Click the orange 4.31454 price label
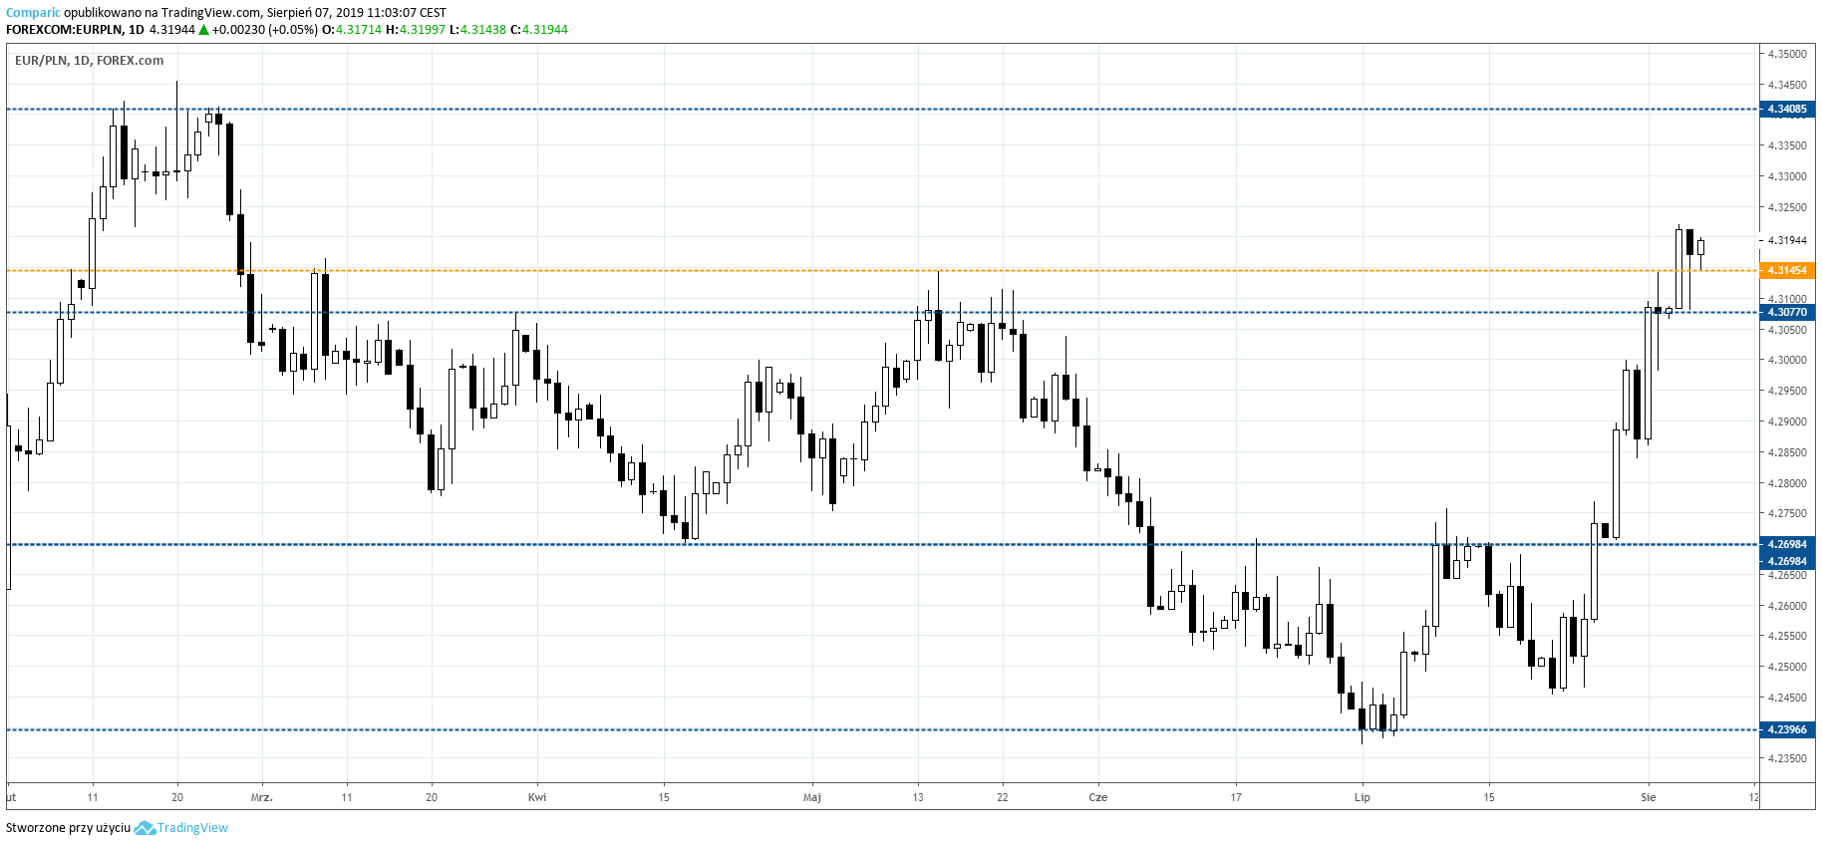[x=1786, y=270]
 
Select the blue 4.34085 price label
[x=1786, y=109]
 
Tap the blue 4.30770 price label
[x=1786, y=312]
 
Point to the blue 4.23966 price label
[x=1786, y=729]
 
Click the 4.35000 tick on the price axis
[x=1786, y=54]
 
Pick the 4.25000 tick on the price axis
[x=1786, y=667]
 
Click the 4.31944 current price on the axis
[x=1786, y=240]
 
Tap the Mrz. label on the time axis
[x=261, y=797]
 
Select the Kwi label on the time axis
[x=537, y=797]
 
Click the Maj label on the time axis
[x=812, y=797]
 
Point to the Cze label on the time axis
[x=1097, y=797]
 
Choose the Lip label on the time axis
[x=1363, y=797]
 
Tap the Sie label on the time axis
[x=1649, y=797]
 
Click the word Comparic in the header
[x=33, y=13]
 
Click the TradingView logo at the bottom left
[x=181, y=828]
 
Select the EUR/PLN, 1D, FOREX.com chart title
[x=89, y=61]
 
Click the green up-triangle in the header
[x=203, y=30]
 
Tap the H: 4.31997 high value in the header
[x=422, y=30]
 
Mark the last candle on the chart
[x=1700, y=247]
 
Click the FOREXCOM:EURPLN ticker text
[x=63, y=30]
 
